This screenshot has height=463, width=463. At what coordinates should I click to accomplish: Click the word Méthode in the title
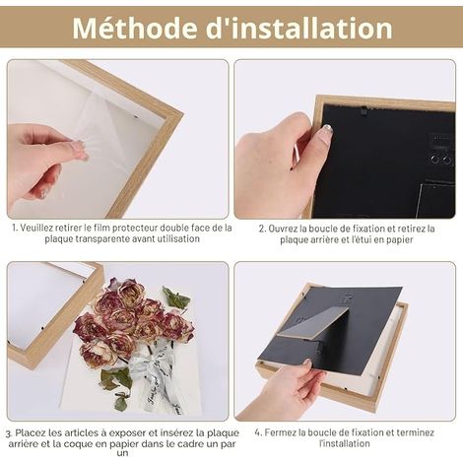pyautogui.click(x=135, y=28)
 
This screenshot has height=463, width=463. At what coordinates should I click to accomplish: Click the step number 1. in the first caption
pyautogui.click(x=15, y=228)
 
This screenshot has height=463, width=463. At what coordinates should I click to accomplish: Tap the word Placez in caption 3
pyautogui.click(x=31, y=432)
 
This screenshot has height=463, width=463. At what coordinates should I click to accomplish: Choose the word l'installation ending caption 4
pyautogui.click(x=345, y=443)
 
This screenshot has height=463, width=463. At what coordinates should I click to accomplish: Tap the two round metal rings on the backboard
pyautogui.click(x=440, y=160)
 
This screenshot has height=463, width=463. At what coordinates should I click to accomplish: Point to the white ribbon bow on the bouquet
pyautogui.click(x=155, y=371)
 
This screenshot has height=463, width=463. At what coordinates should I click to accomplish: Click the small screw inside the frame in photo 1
pyautogui.click(x=136, y=115)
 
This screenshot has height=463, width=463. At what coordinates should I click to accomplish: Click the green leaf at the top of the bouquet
pyautogui.click(x=175, y=298)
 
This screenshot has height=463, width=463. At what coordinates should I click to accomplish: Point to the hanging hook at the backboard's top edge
pyautogui.click(x=364, y=111)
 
